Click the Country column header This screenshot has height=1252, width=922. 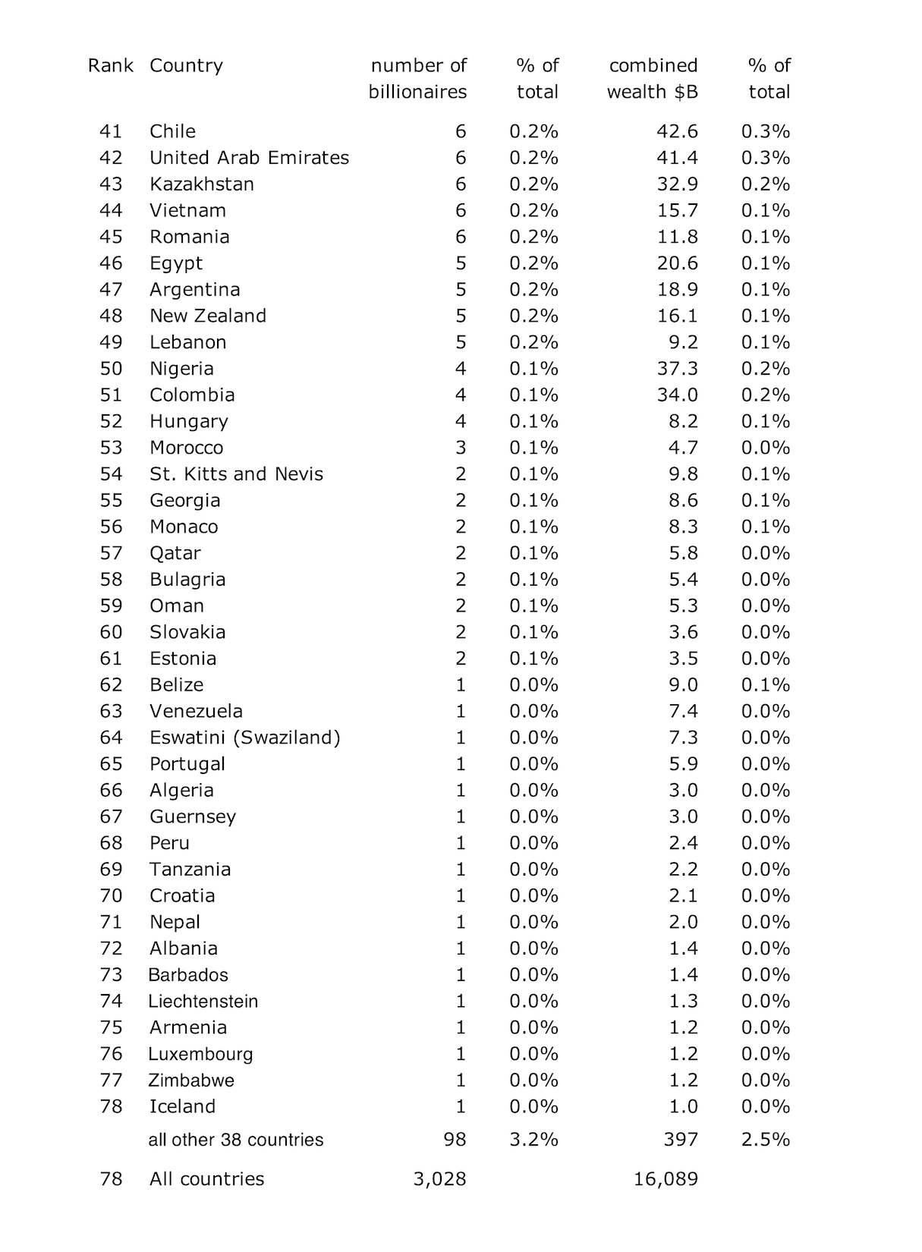[186, 66]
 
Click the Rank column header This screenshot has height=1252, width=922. [110, 66]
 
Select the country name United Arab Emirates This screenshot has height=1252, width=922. [249, 158]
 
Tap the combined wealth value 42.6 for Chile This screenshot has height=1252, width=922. [677, 131]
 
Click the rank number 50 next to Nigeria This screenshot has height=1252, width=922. [111, 369]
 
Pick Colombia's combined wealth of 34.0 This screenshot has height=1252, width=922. [677, 395]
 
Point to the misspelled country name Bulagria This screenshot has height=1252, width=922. [187, 580]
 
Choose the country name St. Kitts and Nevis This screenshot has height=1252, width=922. [236, 474]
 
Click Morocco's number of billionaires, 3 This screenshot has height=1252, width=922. [461, 448]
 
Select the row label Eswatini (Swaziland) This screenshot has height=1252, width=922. [244, 738]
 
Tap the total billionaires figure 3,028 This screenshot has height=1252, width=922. [439, 1179]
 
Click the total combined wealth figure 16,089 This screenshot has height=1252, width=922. [666, 1179]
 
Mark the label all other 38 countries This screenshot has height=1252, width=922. [235, 1140]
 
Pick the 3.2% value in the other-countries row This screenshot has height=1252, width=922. [533, 1140]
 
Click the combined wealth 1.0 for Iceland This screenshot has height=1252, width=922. [683, 1106]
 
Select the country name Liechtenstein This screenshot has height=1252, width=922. [203, 1002]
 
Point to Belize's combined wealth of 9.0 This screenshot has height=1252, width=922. [683, 685]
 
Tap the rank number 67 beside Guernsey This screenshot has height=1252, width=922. [111, 816]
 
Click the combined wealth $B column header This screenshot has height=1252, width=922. [653, 79]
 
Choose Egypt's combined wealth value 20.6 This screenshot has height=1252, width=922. [677, 263]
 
